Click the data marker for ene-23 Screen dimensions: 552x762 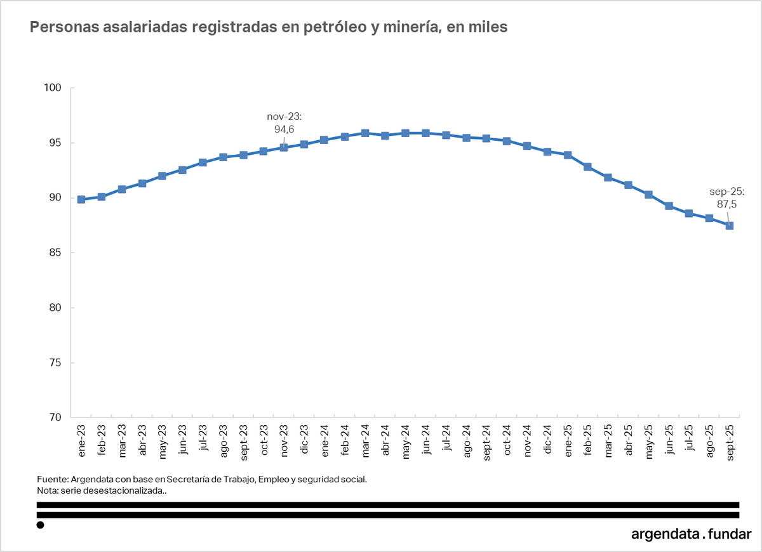pyautogui.click(x=81, y=199)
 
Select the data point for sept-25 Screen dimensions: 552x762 pyautogui.click(x=730, y=225)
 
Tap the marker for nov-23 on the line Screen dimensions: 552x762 pyautogui.click(x=284, y=147)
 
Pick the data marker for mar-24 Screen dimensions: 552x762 pyautogui.click(x=365, y=133)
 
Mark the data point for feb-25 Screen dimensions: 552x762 pyautogui.click(x=588, y=167)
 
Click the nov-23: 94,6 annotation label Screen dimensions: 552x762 pyautogui.click(x=284, y=124)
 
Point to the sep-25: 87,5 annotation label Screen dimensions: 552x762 pyautogui.click(x=726, y=198)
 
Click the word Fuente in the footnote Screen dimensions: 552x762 pyautogui.click(x=53, y=479)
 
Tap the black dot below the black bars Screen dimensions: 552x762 pyautogui.click(x=41, y=525)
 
